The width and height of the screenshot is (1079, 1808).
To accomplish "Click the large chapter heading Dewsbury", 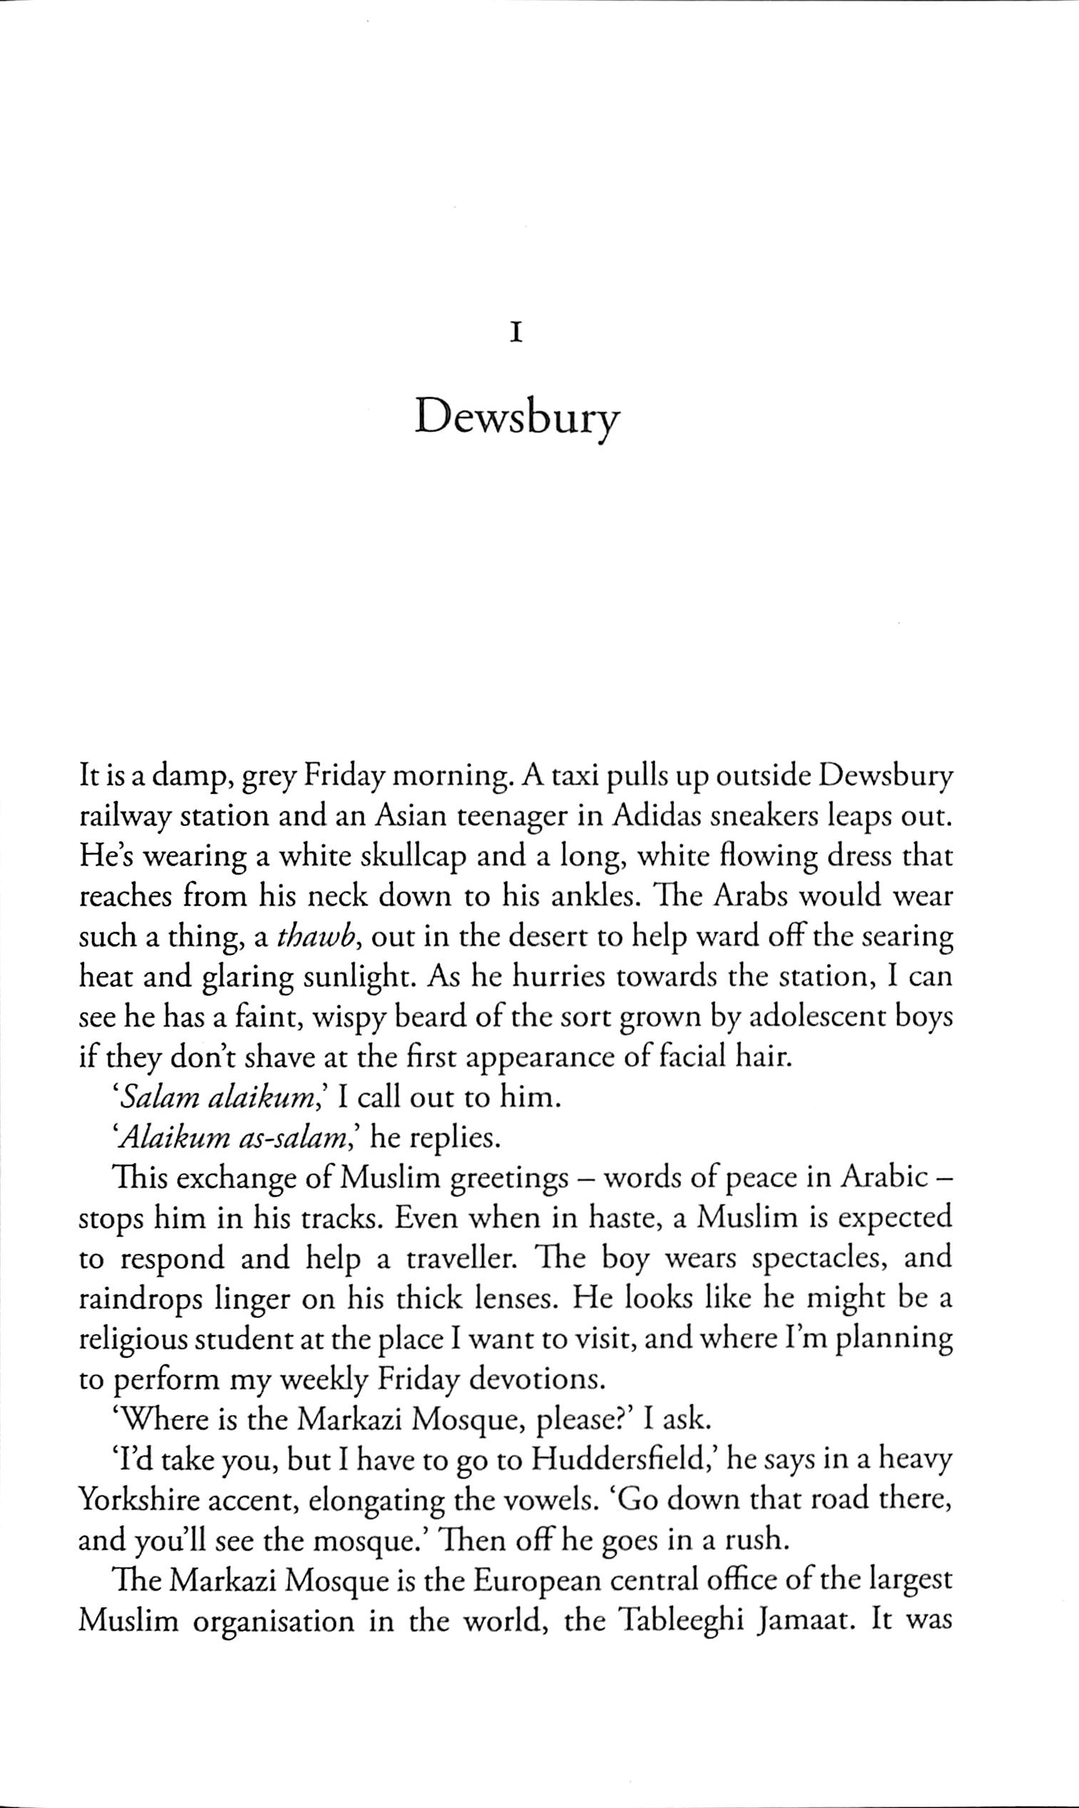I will pyautogui.click(x=517, y=419).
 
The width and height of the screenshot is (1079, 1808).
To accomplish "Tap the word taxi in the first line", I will pyautogui.click(x=573, y=779).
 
